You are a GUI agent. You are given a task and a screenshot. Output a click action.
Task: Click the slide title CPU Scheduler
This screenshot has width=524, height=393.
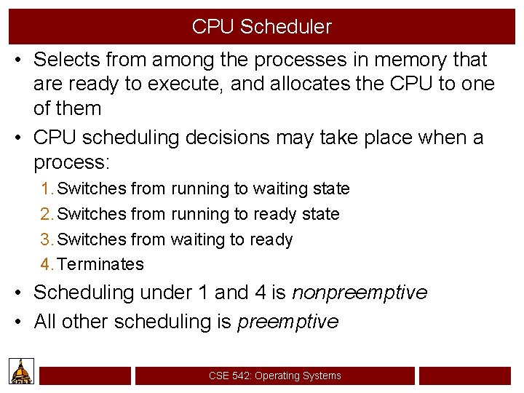(x=261, y=27)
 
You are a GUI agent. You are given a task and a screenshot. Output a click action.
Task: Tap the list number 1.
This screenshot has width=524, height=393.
(x=47, y=189)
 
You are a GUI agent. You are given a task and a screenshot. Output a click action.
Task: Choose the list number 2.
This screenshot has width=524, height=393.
(x=47, y=214)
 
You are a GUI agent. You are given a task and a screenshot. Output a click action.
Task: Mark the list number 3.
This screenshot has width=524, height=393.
(x=47, y=239)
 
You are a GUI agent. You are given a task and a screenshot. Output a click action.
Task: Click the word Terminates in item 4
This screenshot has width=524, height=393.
(x=100, y=264)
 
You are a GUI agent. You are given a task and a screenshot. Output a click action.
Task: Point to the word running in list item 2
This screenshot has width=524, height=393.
(x=200, y=214)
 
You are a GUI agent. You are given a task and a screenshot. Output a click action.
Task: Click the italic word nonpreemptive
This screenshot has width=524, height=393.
(x=360, y=293)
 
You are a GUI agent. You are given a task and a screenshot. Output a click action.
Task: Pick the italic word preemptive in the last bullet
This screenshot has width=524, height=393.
(x=288, y=322)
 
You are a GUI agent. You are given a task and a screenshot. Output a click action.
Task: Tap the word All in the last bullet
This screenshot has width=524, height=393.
(x=44, y=322)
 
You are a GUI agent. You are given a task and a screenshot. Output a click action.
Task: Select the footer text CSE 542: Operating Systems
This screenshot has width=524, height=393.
(x=274, y=376)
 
